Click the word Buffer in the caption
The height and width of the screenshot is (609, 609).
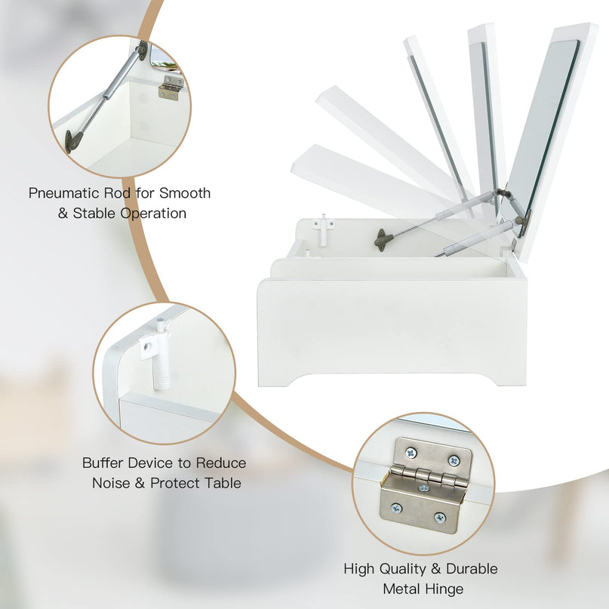coord(103,463)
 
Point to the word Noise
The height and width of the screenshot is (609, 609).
coord(111,483)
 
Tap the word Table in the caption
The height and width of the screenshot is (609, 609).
coord(223,483)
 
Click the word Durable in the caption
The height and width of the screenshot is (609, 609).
coord(472,569)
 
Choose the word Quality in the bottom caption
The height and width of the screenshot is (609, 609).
coord(404,570)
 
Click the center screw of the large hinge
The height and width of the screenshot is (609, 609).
coord(423,488)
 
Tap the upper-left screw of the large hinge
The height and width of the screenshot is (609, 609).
coord(410,453)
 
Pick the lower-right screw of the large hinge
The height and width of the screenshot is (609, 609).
coord(440,518)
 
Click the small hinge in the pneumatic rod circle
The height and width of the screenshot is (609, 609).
coord(171,88)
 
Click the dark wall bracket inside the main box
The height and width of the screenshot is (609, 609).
coord(383,239)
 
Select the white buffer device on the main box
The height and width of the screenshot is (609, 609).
coord(323,229)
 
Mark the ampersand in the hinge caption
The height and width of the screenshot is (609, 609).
coord(436,570)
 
